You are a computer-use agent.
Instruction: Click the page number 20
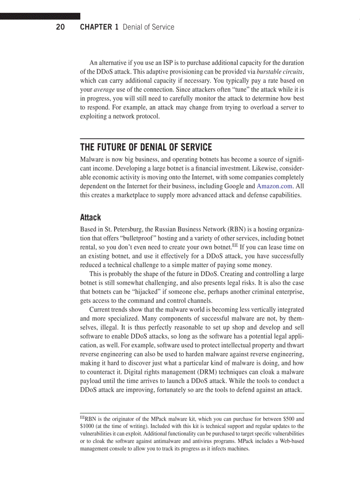[60, 27]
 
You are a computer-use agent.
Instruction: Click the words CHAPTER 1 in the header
[99, 27]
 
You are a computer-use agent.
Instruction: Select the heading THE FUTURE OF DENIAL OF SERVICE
[146, 147]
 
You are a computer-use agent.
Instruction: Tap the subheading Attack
[90, 217]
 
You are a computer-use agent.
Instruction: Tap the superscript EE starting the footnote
[82, 417]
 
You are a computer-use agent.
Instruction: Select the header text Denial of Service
[148, 27]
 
